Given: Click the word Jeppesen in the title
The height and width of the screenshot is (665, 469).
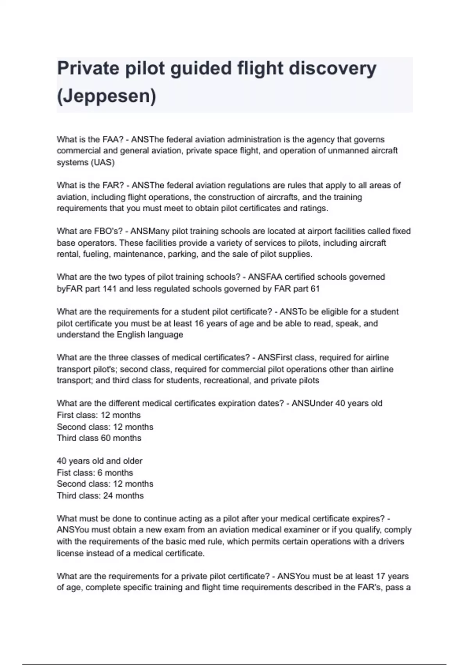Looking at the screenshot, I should pos(106,96).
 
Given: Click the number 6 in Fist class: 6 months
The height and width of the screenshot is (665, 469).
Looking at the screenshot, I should pos(100,473).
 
